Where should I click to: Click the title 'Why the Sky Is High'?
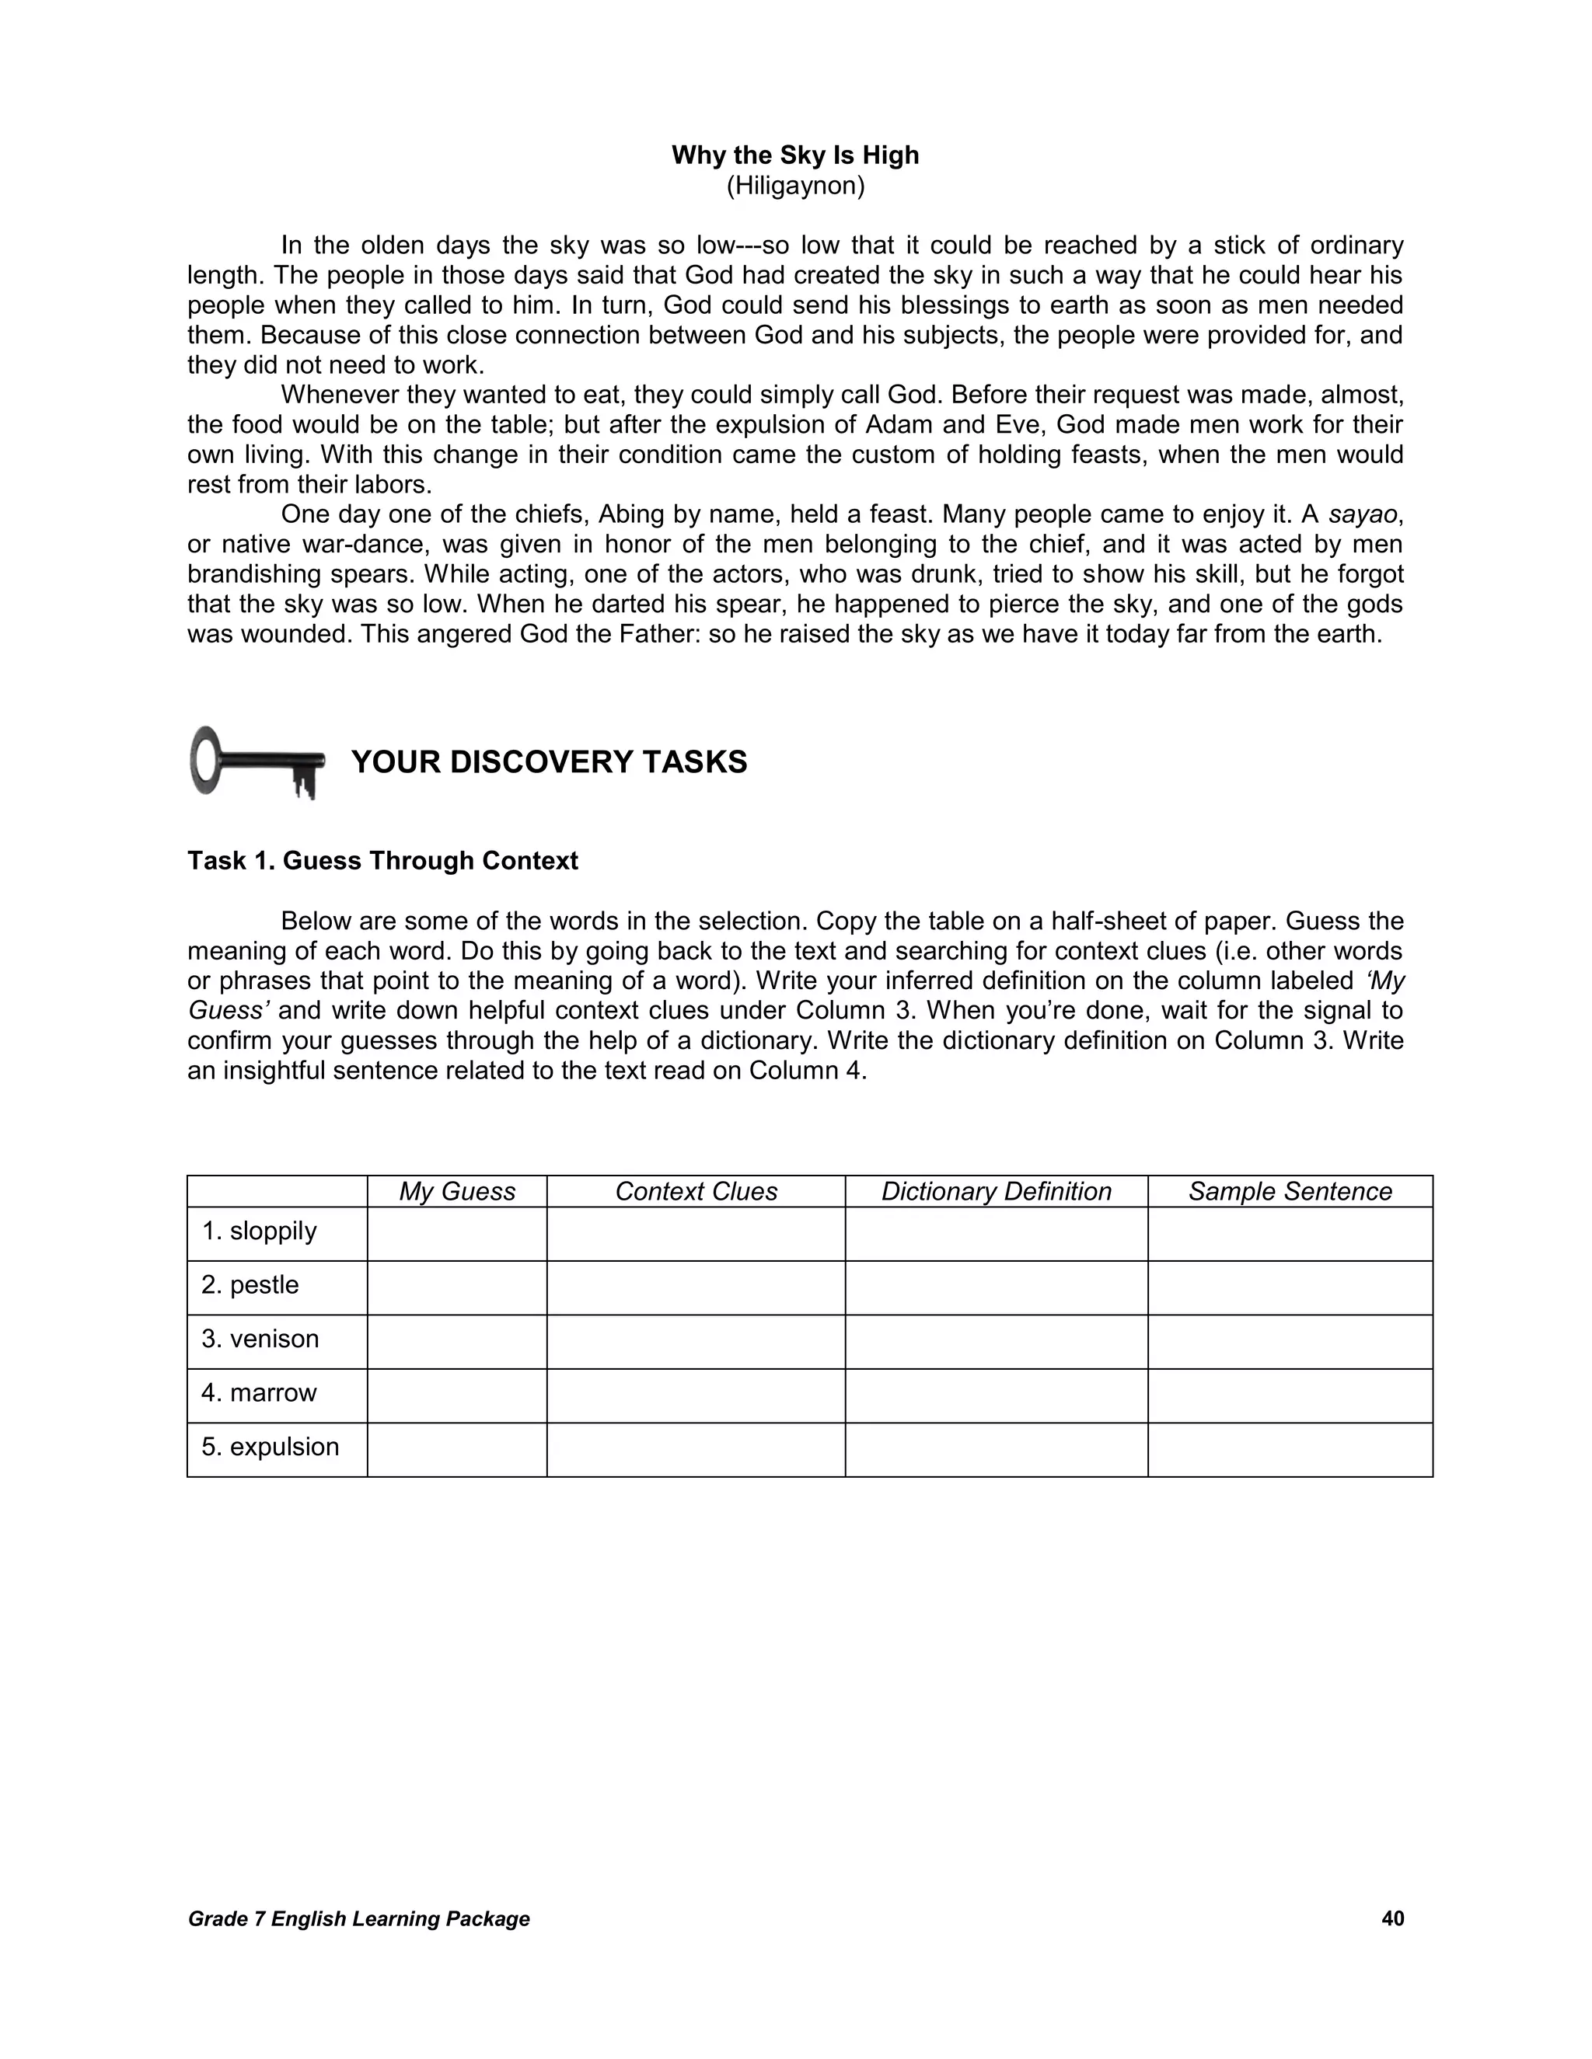(x=795, y=155)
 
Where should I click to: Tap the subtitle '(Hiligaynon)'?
(x=795, y=186)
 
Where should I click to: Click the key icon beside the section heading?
(x=257, y=761)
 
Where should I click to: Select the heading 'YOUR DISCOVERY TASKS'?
(x=549, y=761)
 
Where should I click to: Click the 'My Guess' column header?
(x=456, y=1192)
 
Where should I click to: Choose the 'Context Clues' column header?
(x=696, y=1192)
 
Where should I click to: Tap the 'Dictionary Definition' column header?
(x=996, y=1192)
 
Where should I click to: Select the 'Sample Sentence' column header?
(x=1290, y=1192)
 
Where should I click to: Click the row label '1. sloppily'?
(x=260, y=1232)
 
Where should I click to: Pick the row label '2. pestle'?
(x=250, y=1285)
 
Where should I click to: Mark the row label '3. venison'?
(x=260, y=1339)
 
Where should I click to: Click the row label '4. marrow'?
(x=260, y=1392)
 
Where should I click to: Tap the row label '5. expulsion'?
(x=270, y=1446)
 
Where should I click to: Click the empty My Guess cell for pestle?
(x=456, y=1287)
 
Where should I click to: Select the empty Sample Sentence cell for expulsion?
(x=1290, y=1450)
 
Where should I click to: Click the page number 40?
(x=1392, y=1918)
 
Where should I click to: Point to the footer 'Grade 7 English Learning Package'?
(x=358, y=1919)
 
